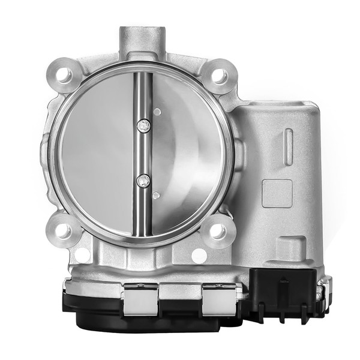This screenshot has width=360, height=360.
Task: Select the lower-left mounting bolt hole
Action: (62, 230)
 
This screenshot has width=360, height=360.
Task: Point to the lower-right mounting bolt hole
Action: (217, 231)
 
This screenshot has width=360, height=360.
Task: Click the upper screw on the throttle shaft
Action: (143, 125)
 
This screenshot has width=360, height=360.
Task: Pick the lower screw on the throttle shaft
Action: (143, 180)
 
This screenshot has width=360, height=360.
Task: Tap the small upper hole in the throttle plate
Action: (157, 112)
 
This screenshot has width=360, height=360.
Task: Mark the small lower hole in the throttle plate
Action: (156, 195)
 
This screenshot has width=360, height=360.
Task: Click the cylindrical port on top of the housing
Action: (142, 40)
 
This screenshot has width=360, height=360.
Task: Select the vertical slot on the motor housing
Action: (289, 146)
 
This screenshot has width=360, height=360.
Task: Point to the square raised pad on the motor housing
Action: (277, 193)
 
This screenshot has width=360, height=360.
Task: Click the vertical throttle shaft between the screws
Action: (143, 153)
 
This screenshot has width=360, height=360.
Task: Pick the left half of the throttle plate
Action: (96, 153)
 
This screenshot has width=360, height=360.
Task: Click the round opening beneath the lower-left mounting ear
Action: (82, 254)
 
